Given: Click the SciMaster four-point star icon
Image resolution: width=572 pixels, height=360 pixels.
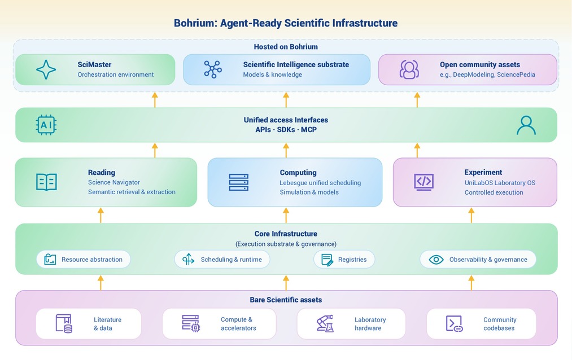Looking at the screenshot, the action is tap(46, 69).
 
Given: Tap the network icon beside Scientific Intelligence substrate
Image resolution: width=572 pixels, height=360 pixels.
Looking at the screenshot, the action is tap(213, 69).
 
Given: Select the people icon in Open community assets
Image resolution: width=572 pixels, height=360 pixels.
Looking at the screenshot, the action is tap(409, 69).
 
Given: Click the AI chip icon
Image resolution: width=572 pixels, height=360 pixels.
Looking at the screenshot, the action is tap(46, 125).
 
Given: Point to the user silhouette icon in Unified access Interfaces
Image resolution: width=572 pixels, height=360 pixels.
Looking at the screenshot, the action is tap(526, 125).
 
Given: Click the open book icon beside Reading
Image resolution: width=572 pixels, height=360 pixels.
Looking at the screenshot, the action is tap(46, 182).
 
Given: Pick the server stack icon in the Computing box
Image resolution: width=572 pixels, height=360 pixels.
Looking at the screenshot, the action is tap(239, 182).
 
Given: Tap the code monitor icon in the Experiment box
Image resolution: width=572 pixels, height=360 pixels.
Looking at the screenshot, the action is tap(424, 182).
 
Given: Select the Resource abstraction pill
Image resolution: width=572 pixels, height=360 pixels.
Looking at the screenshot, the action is tap(84, 260).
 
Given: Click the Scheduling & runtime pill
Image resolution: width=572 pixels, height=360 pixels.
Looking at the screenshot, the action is tap(222, 260).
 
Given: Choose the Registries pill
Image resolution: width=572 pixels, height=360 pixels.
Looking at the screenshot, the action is tap(344, 260).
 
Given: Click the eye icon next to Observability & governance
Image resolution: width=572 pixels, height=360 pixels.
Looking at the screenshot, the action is tap(436, 260).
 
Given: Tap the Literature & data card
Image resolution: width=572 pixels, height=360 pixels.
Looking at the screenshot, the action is tap(89, 323).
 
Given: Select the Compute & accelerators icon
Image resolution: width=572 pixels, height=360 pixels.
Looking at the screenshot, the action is tap(191, 323).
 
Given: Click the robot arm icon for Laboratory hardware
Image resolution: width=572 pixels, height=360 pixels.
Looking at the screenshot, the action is tap(325, 323).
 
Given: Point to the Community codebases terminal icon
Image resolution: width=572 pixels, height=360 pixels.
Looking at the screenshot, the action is tap(454, 323).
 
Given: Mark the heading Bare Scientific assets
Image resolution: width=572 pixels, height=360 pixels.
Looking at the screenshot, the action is tap(286, 300).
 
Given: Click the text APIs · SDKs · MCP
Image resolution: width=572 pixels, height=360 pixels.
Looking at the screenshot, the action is tap(286, 130).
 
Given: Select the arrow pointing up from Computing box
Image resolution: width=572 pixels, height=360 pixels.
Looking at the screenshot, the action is tap(286, 150).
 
